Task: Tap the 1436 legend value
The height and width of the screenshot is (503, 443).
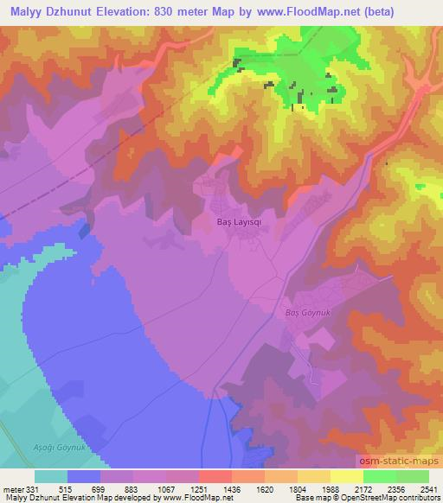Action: coord(230,488)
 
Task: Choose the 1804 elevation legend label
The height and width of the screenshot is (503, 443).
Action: coord(295,488)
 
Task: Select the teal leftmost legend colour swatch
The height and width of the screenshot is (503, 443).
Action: coord(51,476)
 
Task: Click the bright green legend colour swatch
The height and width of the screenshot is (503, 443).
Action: coord(380,476)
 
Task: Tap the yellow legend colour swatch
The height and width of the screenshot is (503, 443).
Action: coord(347,476)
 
